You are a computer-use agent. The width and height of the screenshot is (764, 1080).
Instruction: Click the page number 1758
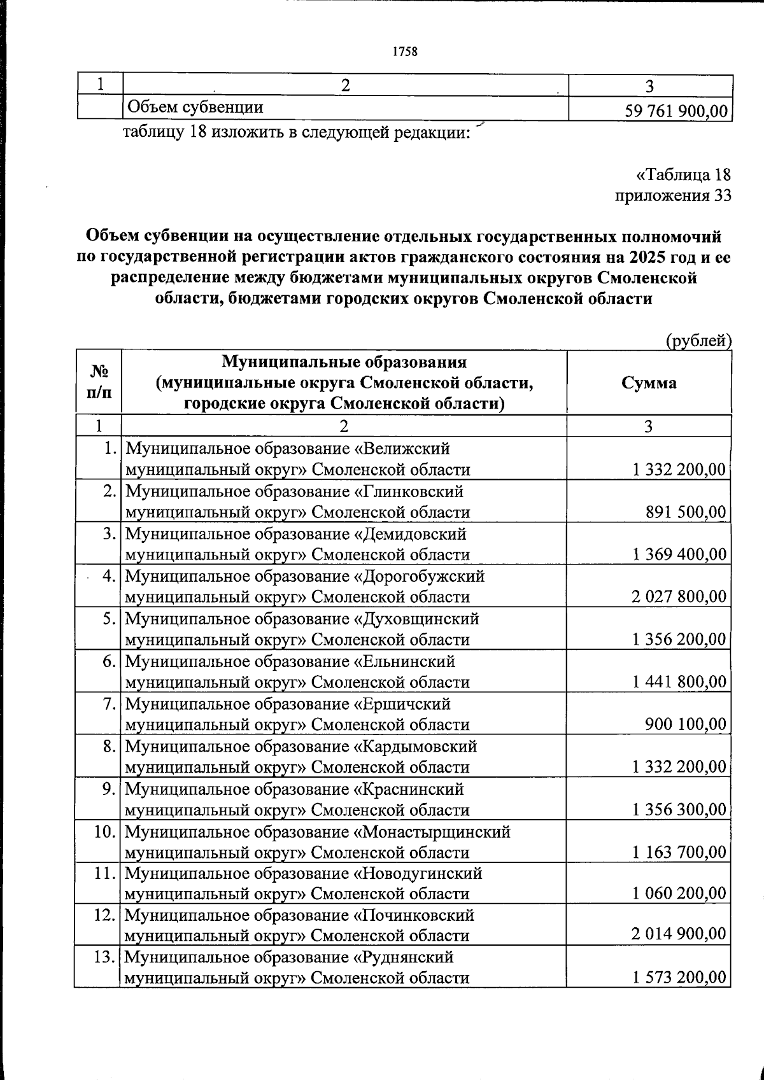coord(405,52)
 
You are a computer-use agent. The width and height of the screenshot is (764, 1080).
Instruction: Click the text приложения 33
coord(672,195)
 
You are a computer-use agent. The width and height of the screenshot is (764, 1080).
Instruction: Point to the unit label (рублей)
coord(698,341)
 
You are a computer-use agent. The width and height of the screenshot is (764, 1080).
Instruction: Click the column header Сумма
coord(649,382)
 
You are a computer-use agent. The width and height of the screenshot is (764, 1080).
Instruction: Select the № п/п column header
coord(98,382)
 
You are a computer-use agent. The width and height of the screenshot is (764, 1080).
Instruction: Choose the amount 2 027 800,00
coord(679,597)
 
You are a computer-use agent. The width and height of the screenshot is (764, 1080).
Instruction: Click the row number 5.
coord(109,619)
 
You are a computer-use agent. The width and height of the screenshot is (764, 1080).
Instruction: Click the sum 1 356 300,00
coord(679,810)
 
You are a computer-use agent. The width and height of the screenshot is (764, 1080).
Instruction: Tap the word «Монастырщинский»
coord(432,832)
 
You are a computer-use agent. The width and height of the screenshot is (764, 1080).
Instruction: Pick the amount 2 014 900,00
coord(679,934)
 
